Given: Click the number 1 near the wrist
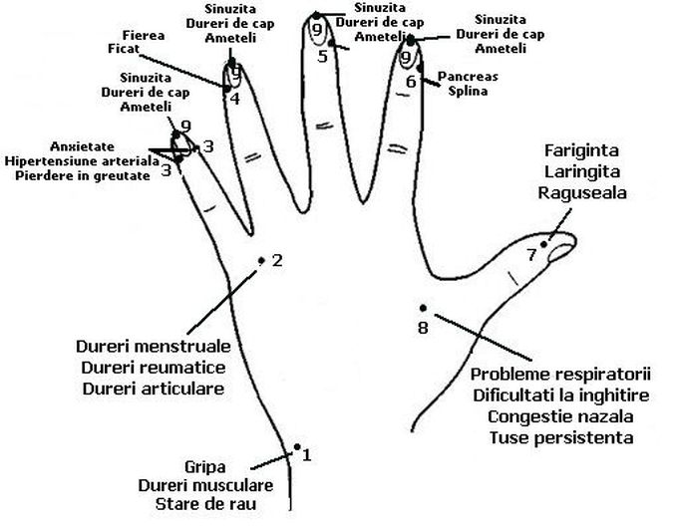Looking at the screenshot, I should click(307, 456).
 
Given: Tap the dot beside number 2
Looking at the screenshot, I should click(262, 260).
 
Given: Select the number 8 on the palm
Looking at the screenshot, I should click(422, 327).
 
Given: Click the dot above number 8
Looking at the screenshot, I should click(424, 308).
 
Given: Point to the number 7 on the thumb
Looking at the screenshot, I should click(531, 255).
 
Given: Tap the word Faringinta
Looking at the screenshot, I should click(582, 151).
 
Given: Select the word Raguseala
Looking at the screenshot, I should click(582, 193).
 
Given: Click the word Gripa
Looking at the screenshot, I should click(205, 466).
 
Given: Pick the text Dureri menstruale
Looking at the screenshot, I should click(154, 347).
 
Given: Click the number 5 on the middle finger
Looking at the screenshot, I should click(322, 57).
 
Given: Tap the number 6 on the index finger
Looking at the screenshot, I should click(410, 82).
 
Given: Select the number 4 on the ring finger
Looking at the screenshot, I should click(234, 99).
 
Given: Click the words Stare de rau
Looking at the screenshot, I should click(205, 505).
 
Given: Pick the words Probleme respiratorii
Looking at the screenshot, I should click(560, 375).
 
